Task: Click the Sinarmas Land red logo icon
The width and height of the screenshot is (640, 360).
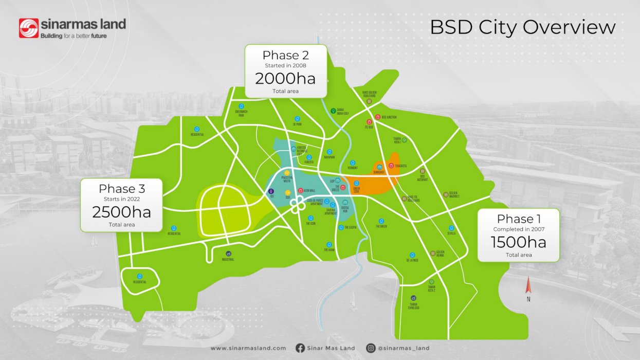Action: (29, 28)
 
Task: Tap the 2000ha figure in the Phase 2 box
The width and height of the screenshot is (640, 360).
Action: (285, 79)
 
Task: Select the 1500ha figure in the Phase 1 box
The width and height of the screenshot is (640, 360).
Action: (518, 242)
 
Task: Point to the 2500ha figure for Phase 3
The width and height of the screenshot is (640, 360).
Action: (121, 212)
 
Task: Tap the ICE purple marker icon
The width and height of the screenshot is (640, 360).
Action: (272, 191)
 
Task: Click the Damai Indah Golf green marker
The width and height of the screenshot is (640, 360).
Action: (333, 111)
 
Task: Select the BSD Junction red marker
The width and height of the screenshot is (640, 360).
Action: (378, 117)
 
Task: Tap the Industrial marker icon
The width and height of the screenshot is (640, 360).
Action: (228, 254)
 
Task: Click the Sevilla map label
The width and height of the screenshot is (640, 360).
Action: (451, 233)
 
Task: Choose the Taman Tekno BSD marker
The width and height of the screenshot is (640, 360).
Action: (413, 298)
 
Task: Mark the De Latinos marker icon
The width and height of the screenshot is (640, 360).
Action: (412, 255)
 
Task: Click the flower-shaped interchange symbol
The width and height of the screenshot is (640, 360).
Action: (297, 205)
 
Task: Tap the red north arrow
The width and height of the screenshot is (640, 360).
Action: (528, 286)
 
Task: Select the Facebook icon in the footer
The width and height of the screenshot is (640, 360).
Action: (300, 348)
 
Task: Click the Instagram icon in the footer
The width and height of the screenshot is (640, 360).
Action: (371, 348)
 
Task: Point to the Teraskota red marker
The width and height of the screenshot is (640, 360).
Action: (391, 166)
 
